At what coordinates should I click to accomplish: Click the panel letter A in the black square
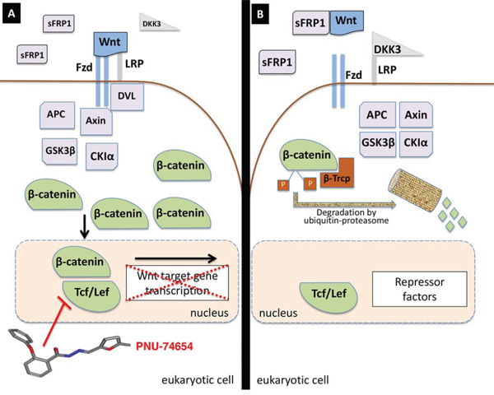(x=12, y=15)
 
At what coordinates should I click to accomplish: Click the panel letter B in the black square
(x=260, y=15)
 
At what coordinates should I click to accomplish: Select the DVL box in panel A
(x=127, y=96)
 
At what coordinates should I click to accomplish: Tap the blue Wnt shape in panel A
(x=110, y=43)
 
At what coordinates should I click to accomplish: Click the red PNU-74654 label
(x=165, y=346)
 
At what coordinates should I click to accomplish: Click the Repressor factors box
(x=419, y=289)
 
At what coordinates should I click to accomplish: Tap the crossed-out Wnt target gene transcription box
(x=177, y=283)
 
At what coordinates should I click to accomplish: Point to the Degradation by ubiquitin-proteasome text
(x=347, y=216)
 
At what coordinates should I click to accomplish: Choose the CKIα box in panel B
(x=416, y=143)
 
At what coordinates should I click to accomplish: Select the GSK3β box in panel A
(x=60, y=151)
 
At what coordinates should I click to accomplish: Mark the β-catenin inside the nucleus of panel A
(x=81, y=262)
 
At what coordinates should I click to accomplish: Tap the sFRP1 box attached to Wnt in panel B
(x=310, y=23)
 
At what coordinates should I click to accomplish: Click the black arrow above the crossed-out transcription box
(x=176, y=259)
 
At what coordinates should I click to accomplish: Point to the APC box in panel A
(x=57, y=115)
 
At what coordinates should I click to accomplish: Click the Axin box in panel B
(x=416, y=115)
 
